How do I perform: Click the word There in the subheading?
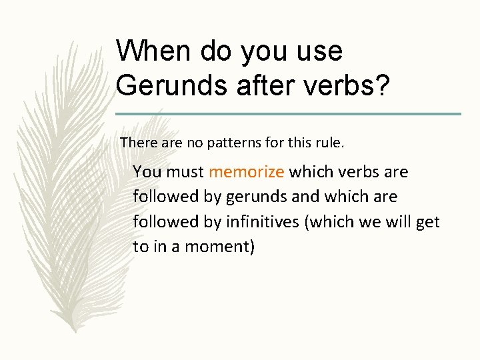[x=137, y=142]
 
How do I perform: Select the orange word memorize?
[x=246, y=172]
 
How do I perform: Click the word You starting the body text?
[x=147, y=172]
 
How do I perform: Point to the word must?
[x=185, y=172]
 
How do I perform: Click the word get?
[x=427, y=222]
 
